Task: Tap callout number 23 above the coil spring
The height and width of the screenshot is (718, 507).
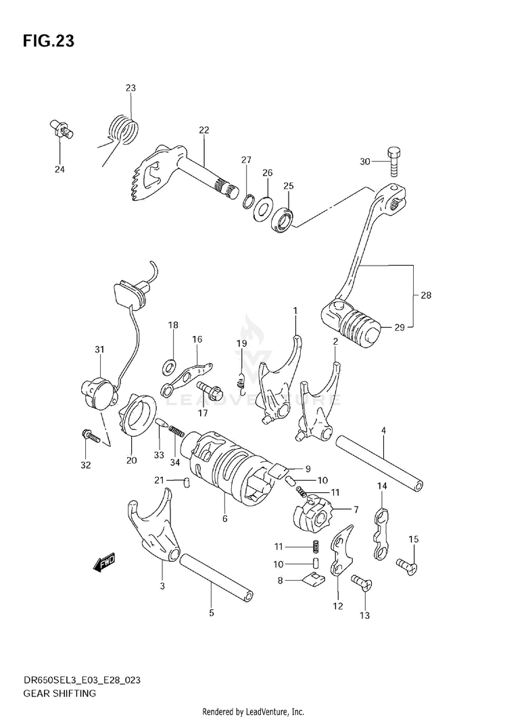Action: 130,88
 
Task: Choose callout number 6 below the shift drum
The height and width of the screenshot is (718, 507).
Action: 224,519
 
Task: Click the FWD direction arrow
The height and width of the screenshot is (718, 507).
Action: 105,563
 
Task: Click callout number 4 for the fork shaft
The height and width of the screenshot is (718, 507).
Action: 383,430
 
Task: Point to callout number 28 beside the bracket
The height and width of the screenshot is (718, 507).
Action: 426,295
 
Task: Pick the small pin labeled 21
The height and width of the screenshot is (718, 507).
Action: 184,481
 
